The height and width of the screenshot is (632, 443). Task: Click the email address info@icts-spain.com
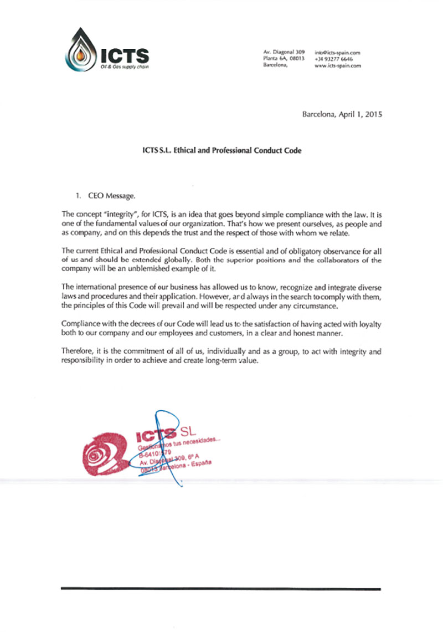pos(338,52)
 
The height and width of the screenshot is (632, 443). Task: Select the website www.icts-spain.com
pos(337,65)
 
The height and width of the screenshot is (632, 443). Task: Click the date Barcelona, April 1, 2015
pos(342,115)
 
